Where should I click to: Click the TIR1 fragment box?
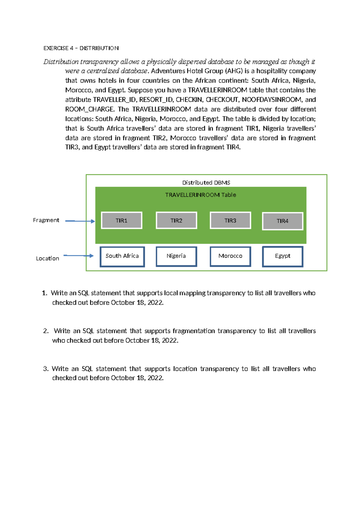click(x=121, y=221)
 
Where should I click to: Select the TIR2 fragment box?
click(x=176, y=221)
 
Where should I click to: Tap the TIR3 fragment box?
click(x=230, y=221)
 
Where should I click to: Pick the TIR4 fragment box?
click(x=283, y=221)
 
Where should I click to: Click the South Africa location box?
click(x=122, y=256)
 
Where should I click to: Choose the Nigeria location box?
click(x=176, y=256)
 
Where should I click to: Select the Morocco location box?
click(x=230, y=256)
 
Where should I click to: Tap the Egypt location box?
click(x=283, y=256)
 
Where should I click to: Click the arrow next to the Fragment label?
click(x=80, y=221)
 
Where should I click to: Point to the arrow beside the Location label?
click(x=78, y=256)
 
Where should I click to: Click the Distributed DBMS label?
click(x=206, y=182)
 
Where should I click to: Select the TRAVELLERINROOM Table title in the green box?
click(x=200, y=195)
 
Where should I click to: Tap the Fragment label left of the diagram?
click(x=46, y=220)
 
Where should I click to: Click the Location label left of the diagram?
click(x=47, y=258)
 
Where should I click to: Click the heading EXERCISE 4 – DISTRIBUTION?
click(x=81, y=48)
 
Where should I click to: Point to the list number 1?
click(x=44, y=293)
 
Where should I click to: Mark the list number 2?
click(x=46, y=331)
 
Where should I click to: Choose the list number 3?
click(x=46, y=369)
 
